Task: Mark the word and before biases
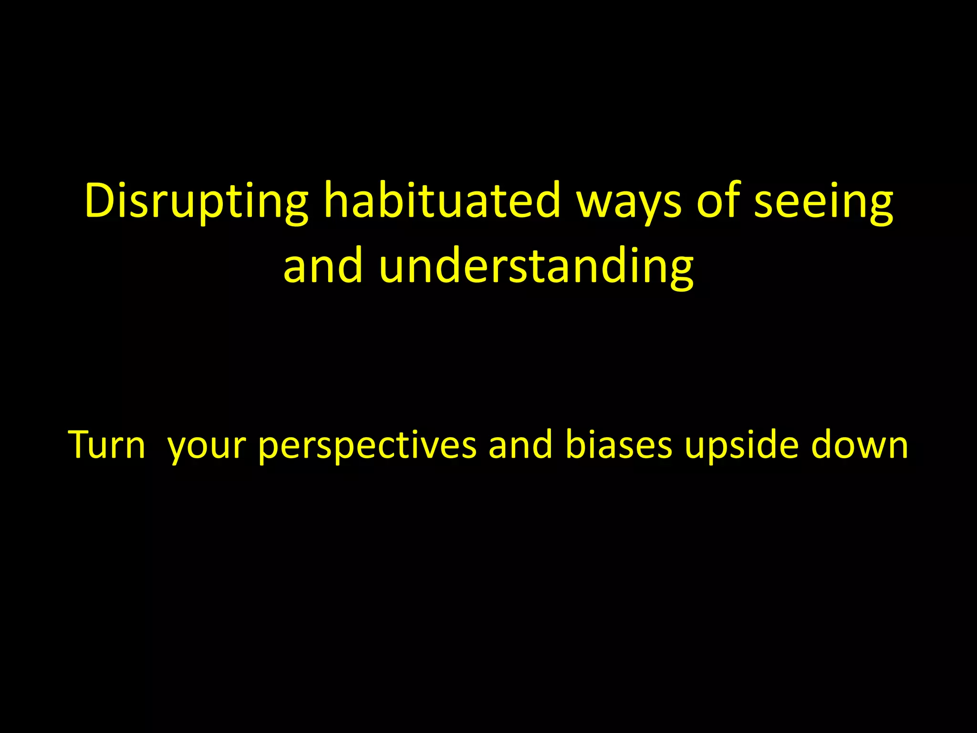coord(520,445)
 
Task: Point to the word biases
coord(619,445)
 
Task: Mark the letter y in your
coord(177,449)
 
